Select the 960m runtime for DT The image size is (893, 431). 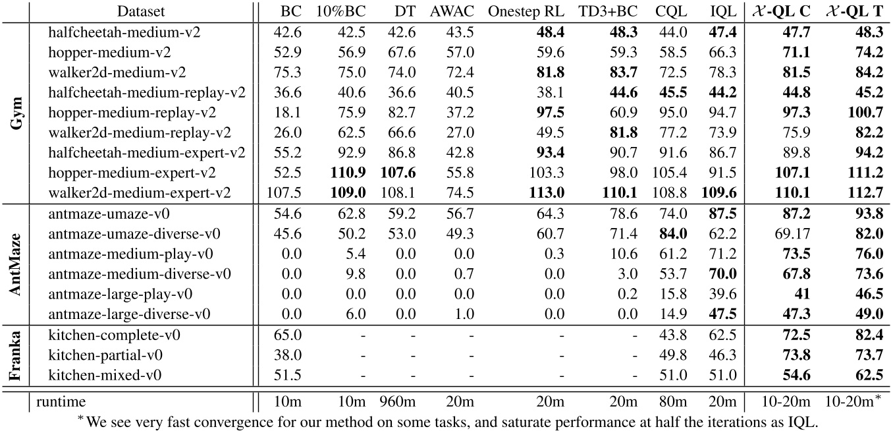[x=395, y=400]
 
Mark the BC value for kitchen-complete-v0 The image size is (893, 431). [x=289, y=335]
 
